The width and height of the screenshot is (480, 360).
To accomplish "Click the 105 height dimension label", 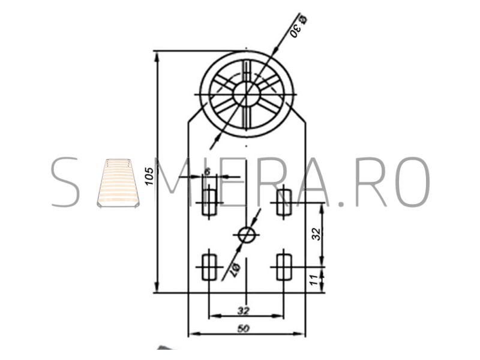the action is coord(149,176).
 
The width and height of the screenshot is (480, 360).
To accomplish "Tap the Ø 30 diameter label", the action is coord(298,26).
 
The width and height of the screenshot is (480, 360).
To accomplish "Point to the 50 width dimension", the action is coord(244,328).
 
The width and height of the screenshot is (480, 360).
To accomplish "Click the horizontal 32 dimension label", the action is coord(244,311).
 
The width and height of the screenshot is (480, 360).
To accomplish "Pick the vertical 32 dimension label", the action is coord(317,234).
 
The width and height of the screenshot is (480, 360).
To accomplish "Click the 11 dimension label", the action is coord(313,280).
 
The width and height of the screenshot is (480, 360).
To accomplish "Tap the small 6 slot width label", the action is coord(207,172).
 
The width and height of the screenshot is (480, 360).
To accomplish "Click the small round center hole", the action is coord(247,235).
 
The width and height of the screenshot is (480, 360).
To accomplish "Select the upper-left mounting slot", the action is coord(209,202).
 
